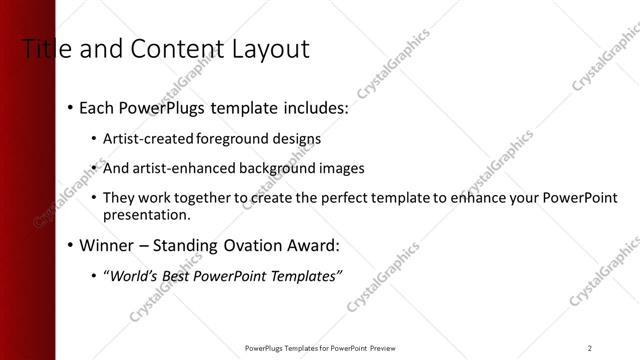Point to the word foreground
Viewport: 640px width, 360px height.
[235, 138]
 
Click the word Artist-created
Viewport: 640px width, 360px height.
[149, 138]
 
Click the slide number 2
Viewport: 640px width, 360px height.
[590, 347]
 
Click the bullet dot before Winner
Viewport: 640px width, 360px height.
[69, 245]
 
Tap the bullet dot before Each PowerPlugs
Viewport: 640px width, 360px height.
[69, 107]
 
